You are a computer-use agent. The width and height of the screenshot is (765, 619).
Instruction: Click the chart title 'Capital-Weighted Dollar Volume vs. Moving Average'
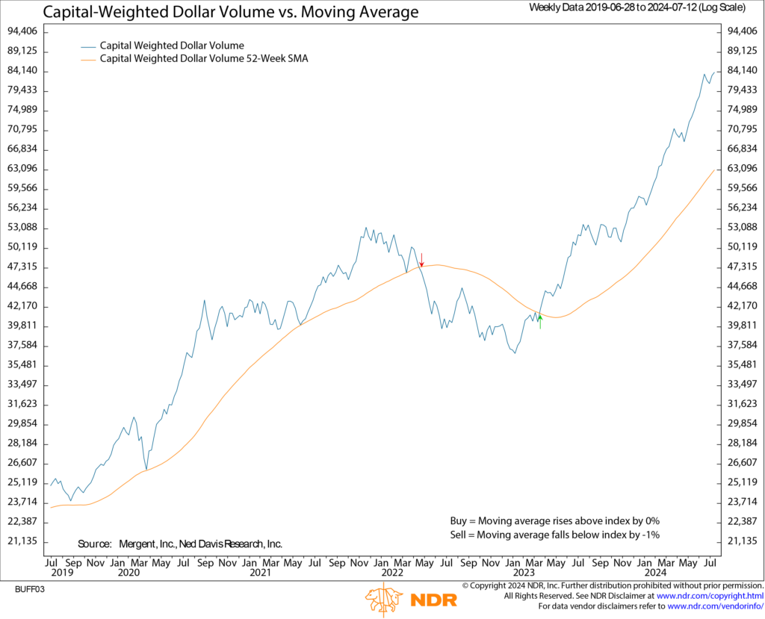231,12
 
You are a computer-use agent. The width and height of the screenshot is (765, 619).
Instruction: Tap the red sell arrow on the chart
422,259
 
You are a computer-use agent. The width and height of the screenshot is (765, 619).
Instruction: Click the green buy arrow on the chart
539,322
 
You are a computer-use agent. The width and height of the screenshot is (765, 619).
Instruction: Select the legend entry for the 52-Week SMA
203,58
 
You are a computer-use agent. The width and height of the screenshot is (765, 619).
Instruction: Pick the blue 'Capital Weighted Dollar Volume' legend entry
172,46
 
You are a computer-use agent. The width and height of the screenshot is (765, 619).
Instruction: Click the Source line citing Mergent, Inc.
179,544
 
